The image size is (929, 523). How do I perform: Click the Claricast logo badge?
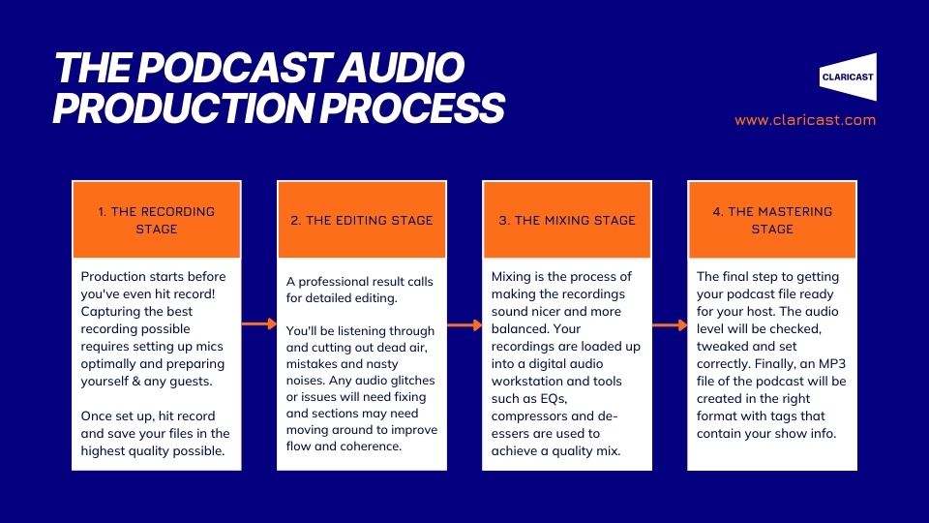pyautogui.click(x=848, y=77)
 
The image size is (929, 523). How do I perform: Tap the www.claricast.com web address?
pyautogui.click(x=805, y=120)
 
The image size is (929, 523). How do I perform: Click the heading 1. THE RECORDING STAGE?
pyautogui.click(x=157, y=220)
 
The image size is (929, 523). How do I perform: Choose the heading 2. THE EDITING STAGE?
pyautogui.click(x=361, y=221)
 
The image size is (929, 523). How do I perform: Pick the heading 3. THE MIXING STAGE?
pyautogui.click(x=567, y=221)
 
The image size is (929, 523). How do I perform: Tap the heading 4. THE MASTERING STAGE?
pyautogui.click(x=772, y=220)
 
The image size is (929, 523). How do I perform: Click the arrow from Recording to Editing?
pyautogui.click(x=259, y=323)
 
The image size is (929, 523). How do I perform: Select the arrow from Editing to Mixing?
pyautogui.click(x=464, y=324)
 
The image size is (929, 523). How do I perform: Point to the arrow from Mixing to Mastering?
pyautogui.click(x=670, y=325)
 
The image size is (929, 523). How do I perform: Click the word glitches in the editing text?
pyautogui.click(x=408, y=380)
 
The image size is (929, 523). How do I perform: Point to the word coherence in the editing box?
pyautogui.click(x=371, y=446)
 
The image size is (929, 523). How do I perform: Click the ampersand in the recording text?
pyautogui.click(x=136, y=382)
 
